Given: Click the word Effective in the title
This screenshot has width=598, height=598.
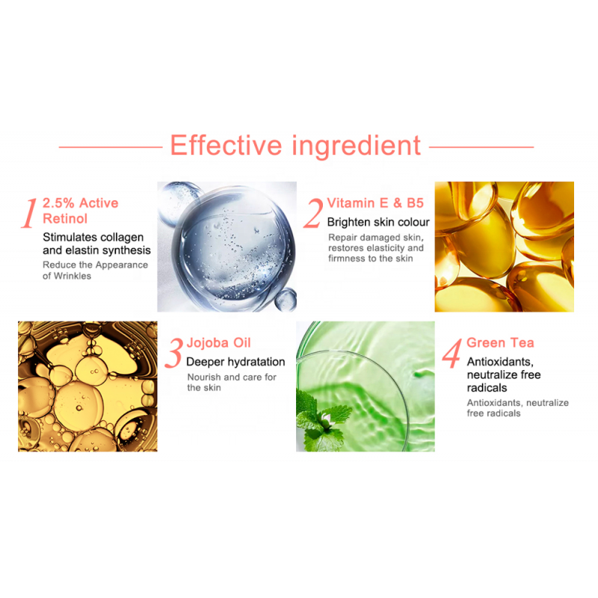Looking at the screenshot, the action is coord(226,145).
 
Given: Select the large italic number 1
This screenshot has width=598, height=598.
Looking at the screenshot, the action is coord(29,214).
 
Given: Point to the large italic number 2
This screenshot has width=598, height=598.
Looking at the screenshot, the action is coord(313,214).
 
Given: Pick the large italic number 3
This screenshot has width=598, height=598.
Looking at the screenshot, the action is coord(174,353).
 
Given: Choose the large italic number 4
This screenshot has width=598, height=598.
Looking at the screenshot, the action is coord(452,353).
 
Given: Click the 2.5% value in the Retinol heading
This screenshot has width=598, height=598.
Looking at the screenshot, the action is coord(58,203).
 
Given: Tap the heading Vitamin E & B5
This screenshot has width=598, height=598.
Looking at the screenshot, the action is coord(375,203).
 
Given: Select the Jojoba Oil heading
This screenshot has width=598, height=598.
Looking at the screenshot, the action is coord(218,342).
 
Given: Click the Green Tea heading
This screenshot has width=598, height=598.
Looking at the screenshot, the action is coord(500,342).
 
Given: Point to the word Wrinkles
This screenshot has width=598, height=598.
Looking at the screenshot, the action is coord(73,276).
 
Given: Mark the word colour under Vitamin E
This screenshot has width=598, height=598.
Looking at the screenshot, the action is coord(413,222).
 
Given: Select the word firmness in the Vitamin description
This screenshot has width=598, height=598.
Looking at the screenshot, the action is coord(345,259).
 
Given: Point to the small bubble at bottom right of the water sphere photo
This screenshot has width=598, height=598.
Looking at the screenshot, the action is coord(286,299).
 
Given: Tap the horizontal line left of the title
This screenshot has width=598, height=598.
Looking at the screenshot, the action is coord(111,147).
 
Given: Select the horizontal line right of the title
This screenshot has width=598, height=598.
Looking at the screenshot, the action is coord(481,147).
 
